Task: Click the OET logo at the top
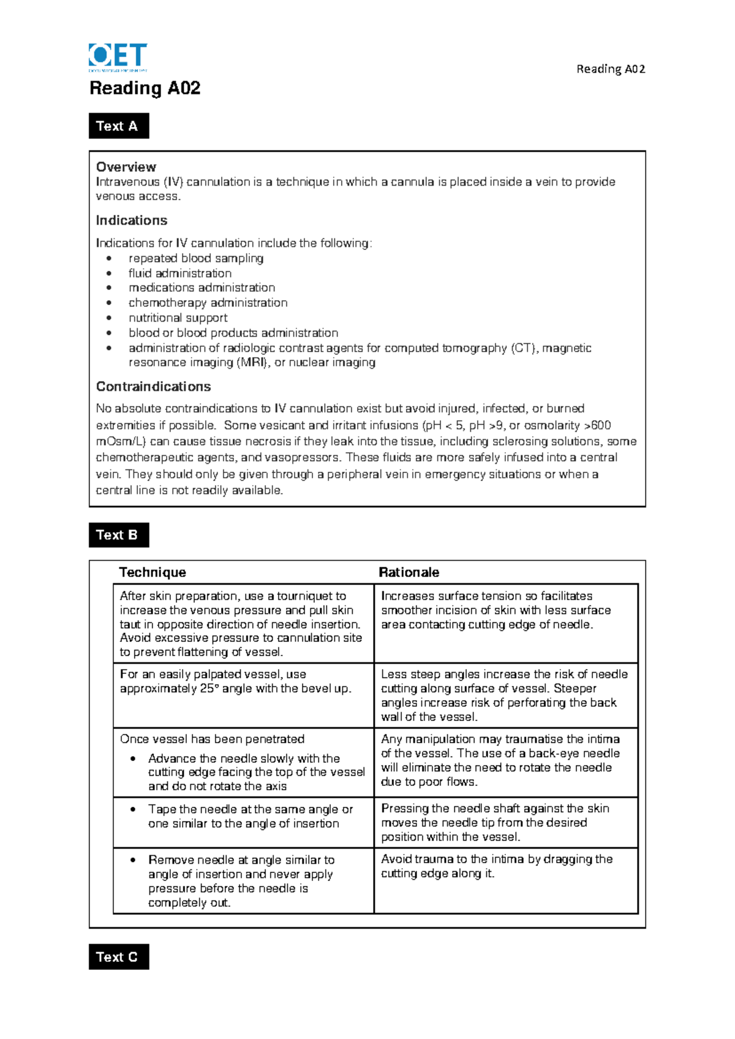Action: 118,56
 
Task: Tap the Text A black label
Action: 118,126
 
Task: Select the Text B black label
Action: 118,535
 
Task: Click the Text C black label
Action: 118,957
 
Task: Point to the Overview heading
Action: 126,167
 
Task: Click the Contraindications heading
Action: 153,387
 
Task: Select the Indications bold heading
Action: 131,221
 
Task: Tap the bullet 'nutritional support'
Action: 178,318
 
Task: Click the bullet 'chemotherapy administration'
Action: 208,303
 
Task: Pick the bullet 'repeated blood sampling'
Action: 196,258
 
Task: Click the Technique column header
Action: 152,572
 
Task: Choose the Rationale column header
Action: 409,572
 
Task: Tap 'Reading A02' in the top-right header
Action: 611,69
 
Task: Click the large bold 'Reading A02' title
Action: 145,88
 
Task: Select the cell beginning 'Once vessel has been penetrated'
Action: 243,762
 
